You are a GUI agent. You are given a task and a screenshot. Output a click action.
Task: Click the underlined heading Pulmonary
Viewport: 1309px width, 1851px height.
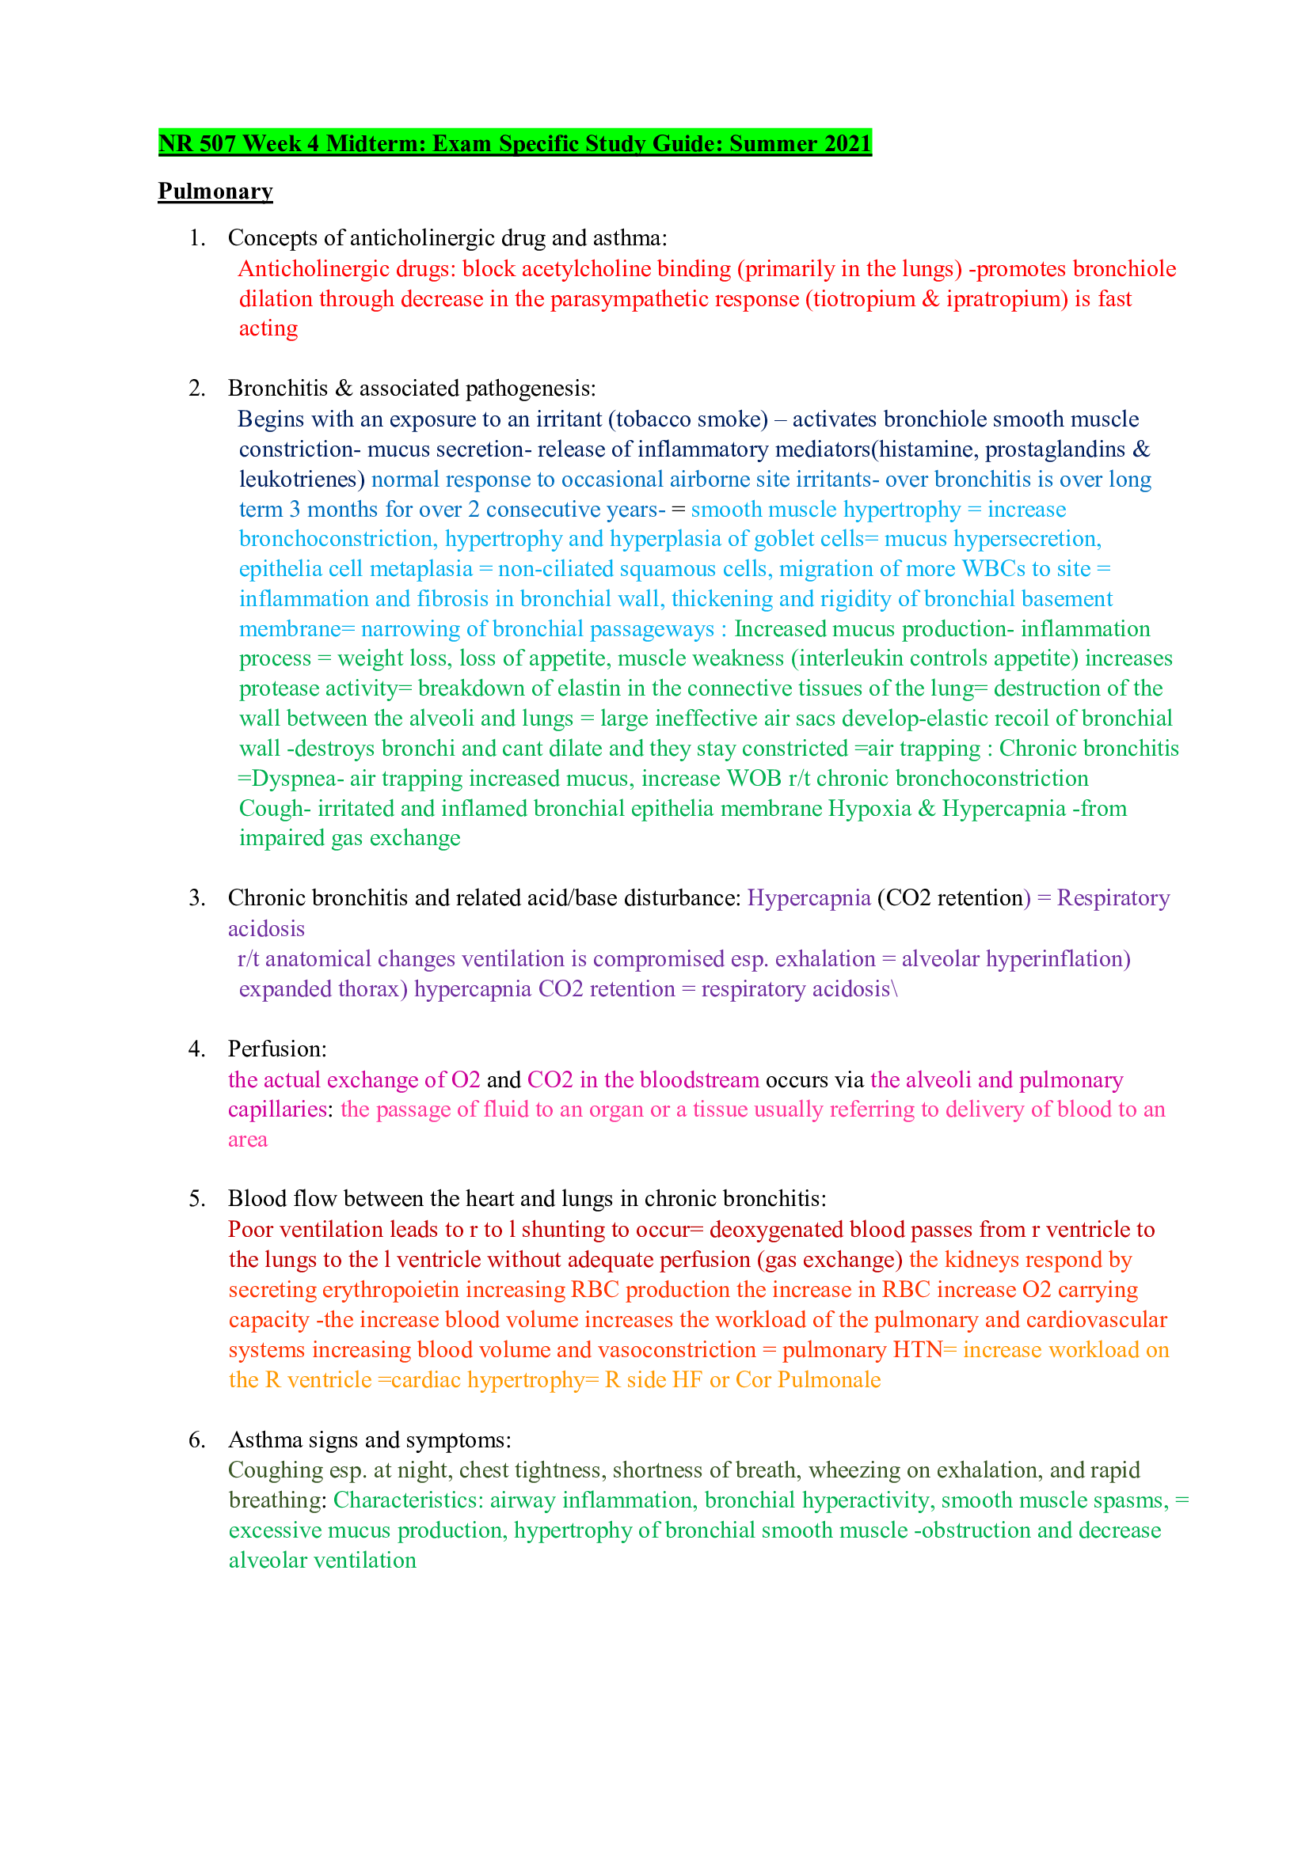tap(215, 191)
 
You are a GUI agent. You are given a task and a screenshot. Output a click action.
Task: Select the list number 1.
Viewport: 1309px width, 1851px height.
tap(197, 238)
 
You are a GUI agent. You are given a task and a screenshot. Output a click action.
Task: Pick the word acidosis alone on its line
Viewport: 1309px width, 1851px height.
tap(266, 929)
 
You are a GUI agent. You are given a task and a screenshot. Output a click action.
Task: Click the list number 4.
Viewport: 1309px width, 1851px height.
tap(197, 1049)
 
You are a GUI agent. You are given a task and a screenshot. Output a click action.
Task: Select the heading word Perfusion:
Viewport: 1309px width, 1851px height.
tap(277, 1049)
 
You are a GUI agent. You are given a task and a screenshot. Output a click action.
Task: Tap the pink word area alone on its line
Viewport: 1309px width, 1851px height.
tap(248, 1140)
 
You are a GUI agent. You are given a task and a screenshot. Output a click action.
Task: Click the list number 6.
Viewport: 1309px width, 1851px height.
tap(197, 1439)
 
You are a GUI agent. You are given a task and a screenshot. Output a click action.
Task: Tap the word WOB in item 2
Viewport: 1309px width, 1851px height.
tap(753, 779)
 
